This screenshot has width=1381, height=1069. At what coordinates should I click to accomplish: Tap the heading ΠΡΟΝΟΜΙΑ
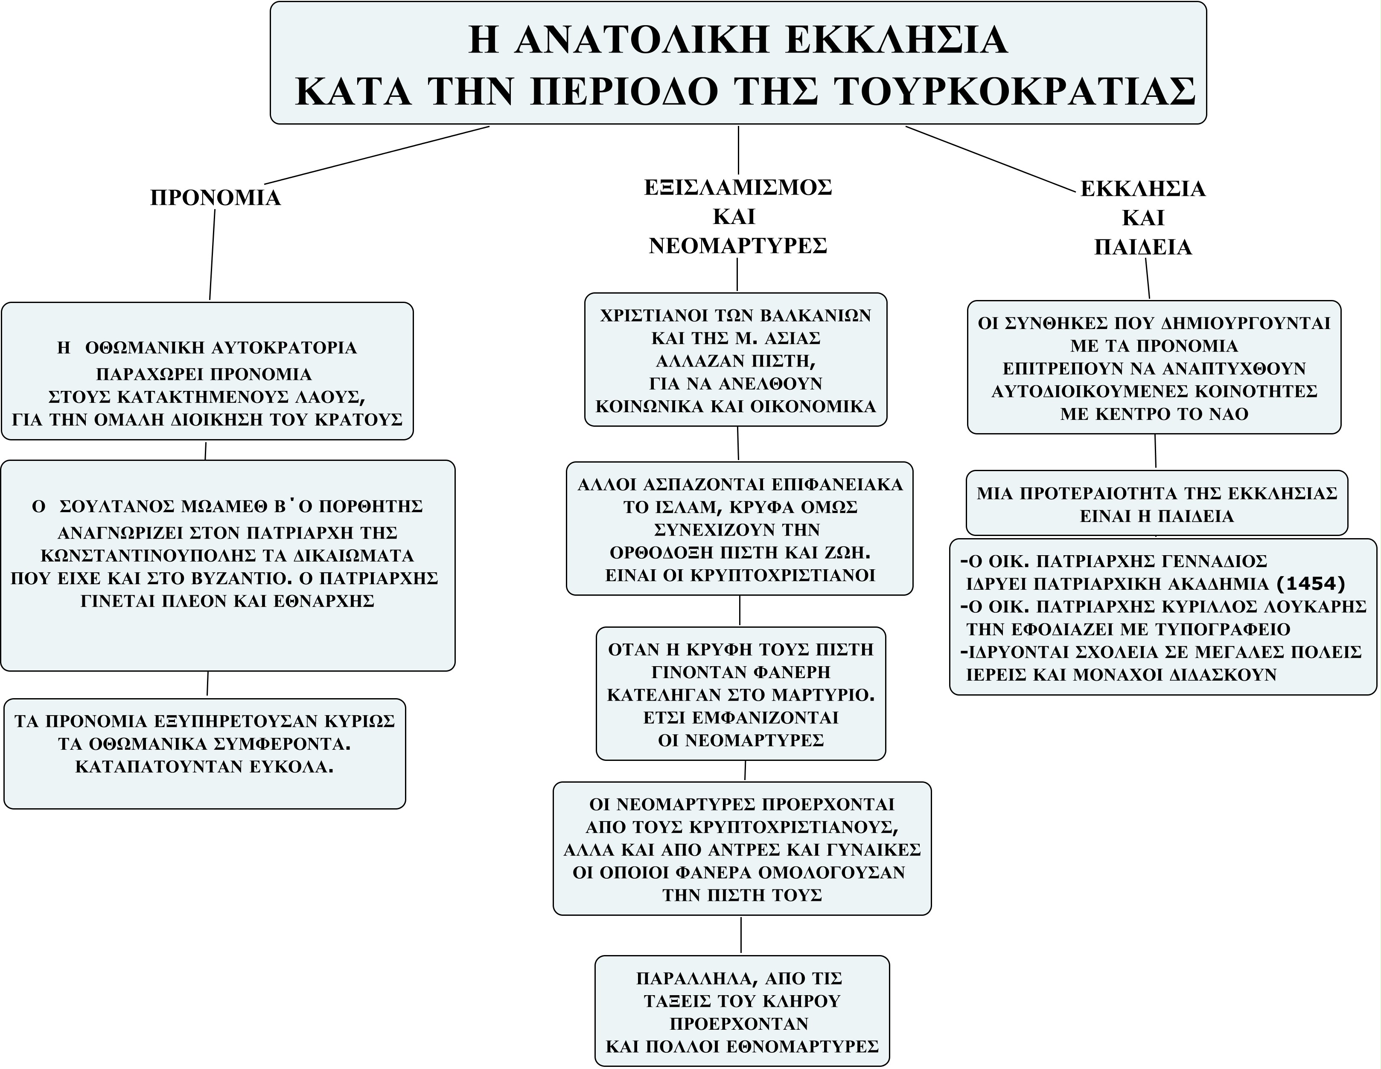215,198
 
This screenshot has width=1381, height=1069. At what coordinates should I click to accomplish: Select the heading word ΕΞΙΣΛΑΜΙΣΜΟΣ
738,188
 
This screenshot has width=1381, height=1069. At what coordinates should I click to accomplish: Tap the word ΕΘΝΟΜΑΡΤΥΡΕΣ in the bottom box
802,1046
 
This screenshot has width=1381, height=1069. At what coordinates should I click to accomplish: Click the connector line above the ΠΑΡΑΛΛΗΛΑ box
741,934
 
